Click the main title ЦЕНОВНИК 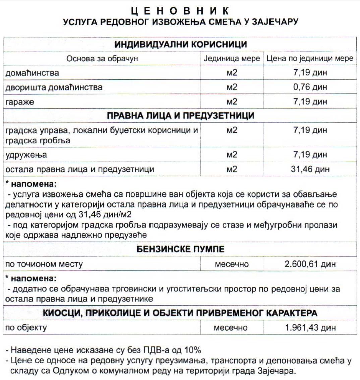[180, 11]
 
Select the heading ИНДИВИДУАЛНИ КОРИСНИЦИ [180, 44]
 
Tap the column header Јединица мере [232, 59]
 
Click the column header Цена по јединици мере [310, 59]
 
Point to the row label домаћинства [32, 73]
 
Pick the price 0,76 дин [310, 87]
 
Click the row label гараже [20, 102]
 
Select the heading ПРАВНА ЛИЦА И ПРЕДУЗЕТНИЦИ [180, 116]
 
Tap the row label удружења [26, 155]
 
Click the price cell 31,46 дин [310, 169]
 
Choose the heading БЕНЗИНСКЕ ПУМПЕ [180, 250]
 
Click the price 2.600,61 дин [310, 264]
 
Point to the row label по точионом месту [44, 264]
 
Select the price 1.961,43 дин [310, 327]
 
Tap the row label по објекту [26, 327]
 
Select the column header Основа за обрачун [102, 59]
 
